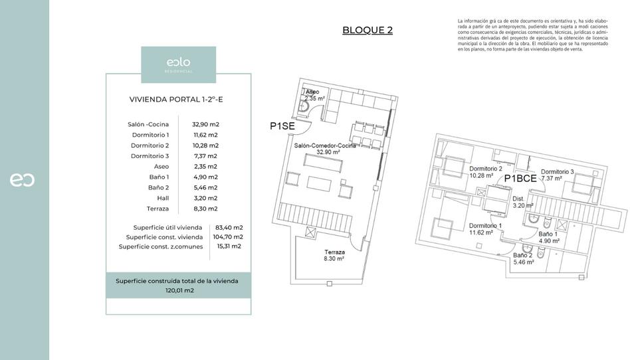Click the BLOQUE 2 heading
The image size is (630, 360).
click(x=367, y=30)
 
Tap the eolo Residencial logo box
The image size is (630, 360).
click(x=178, y=64)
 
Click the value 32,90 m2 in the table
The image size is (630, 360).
click(x=205, y=124)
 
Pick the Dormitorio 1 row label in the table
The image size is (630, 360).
click(x=150, y=135)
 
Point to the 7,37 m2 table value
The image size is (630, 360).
click(x=205, y=156)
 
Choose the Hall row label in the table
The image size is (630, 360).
click(x=163, y=198)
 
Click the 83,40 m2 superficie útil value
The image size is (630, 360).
click(x=229, y=227)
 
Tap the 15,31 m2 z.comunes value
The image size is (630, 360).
click(x=229, y=246)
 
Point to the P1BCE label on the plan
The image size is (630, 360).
click(x=520, y=178)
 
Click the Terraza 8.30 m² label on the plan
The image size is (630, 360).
click(x=334, y=256)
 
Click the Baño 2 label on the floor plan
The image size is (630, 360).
click(x=523, y=258)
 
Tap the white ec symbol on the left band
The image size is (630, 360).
click(x=22, y=179)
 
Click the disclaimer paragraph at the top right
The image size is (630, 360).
click(x=533, y=35)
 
